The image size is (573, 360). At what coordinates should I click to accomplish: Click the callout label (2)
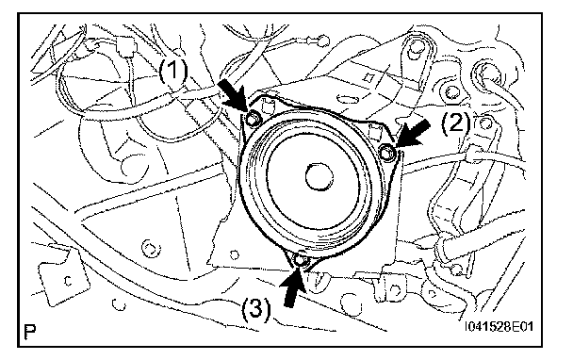pos(456,123)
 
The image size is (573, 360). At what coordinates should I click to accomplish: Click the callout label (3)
pos(256,309)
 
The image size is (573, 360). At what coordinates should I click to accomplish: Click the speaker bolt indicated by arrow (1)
pos(254,119)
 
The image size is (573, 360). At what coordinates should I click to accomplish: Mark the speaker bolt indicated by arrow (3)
pos(301,260)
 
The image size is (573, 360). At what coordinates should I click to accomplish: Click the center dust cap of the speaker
pos(319,177)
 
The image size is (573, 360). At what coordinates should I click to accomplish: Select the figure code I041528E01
pos(499,326)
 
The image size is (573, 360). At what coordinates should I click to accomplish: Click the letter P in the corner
pos(30,331)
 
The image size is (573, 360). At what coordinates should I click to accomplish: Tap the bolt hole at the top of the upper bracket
pos(414,50)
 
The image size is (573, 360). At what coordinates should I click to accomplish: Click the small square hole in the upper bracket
pos(368,78)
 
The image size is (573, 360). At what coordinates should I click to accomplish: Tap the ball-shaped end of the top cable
pos(322,41)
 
